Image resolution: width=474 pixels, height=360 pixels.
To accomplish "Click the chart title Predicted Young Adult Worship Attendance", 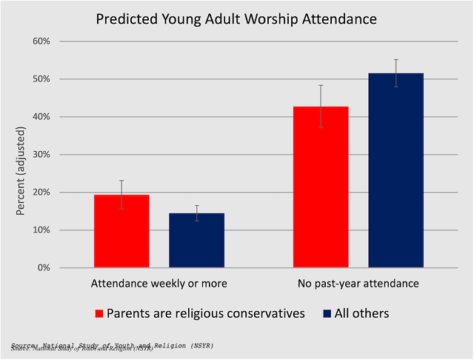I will (x=236, y=18).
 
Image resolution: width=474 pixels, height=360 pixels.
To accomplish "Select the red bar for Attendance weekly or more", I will (x=121, y=231).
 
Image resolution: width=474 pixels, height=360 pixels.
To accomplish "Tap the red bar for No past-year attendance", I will (x=321, y=187).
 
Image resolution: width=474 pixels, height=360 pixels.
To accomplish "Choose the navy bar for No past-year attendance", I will (x=395, y=170).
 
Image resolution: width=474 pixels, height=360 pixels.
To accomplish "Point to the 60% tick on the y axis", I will (x=40, y=41).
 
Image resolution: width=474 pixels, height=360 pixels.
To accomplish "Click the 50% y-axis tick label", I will (x=40, y=79).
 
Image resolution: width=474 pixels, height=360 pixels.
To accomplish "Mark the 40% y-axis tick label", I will (x=40, y=116).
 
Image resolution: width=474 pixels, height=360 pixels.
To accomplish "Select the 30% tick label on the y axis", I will (x=40, y=154).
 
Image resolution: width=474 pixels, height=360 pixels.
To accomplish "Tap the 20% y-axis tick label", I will (x=40, y=192).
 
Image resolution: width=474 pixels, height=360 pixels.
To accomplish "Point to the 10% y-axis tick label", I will (x=40, y=230).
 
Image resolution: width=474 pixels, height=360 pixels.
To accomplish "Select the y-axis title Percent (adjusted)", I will (x=20, y=154).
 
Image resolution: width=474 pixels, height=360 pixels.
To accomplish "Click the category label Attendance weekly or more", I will (x=158, y=284).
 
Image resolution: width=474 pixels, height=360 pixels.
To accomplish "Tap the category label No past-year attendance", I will (x=358, y=284).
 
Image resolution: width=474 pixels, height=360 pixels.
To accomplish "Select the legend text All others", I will (x=362, y=313).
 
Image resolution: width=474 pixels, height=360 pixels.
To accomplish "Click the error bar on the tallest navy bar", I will (x=395, y=73).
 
